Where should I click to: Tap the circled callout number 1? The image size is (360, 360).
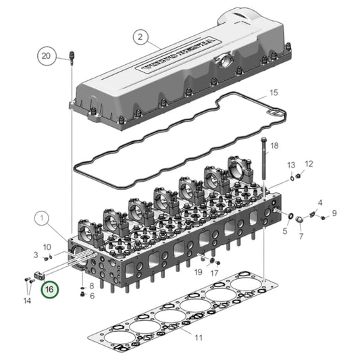coord(41,219)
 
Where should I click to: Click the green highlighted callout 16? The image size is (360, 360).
coord(49,291)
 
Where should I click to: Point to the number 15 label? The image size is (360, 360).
coord(273,92)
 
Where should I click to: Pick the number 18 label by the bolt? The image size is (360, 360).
coord(274,145)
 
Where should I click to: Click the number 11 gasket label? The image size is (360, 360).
coord(199,336)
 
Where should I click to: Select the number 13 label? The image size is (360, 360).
coord(291,165)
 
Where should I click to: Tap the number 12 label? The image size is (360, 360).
coord(309,163)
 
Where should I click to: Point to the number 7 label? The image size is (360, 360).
coord(301,236)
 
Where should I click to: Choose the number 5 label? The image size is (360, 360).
coord(284,231)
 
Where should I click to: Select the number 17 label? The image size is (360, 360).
coord(214,273)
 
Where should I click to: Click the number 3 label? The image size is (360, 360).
coord(36,255)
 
